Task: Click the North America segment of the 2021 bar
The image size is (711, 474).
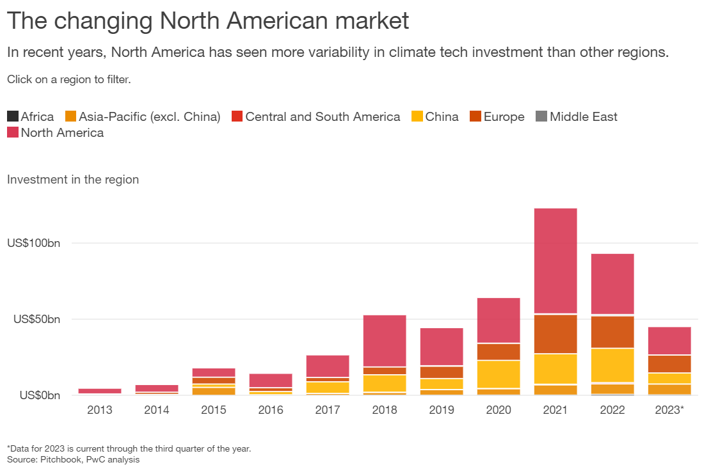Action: coord(555,261)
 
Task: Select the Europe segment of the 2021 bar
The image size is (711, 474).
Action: coord(555,334)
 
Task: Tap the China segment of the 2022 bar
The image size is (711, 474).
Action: coord(612,365)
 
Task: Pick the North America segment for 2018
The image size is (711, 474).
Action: coord(384,340)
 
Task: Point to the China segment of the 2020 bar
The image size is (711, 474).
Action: coord(498,374)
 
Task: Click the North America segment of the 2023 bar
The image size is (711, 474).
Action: coord(669,341)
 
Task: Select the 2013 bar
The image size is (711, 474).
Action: coord(99,391)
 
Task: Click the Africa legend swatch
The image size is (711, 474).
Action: coord(12,116)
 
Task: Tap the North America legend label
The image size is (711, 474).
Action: coord(62,133)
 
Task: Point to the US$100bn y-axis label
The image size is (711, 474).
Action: coord(33,244)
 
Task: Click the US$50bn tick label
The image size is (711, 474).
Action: coord(36,319)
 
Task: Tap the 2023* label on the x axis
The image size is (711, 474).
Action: coord(669,410)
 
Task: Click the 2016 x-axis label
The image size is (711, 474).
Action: coord(270,410)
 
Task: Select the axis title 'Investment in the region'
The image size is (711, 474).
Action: coord(73,179)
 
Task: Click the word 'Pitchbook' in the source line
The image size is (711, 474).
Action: coord(58,459)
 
